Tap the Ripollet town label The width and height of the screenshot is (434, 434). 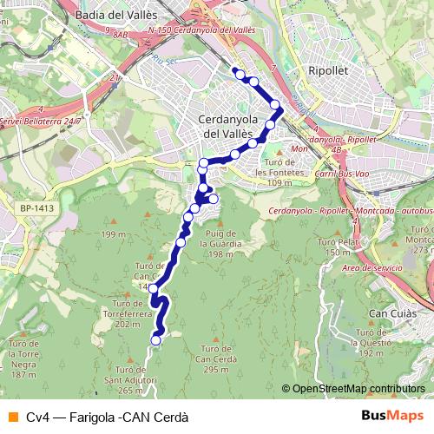328,71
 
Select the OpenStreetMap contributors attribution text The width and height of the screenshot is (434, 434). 358,389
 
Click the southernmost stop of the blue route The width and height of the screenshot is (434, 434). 156,340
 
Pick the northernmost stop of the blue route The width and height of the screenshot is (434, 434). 235,72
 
